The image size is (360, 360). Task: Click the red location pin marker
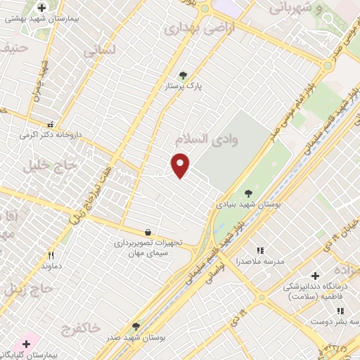[181, 164]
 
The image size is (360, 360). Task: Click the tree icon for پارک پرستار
[184, 75]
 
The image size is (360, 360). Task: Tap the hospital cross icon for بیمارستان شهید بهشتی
[42, 8]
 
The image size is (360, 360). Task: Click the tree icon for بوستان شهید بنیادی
[248, 191]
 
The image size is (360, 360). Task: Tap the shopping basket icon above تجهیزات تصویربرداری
[148, 231]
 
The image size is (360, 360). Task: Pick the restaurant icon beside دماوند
[51, 256]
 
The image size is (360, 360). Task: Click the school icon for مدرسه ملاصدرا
[260, 250]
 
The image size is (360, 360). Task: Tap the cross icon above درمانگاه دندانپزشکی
[315, 276]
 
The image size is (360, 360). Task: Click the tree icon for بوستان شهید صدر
[136, 326]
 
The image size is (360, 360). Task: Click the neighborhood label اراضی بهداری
[192, 29]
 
